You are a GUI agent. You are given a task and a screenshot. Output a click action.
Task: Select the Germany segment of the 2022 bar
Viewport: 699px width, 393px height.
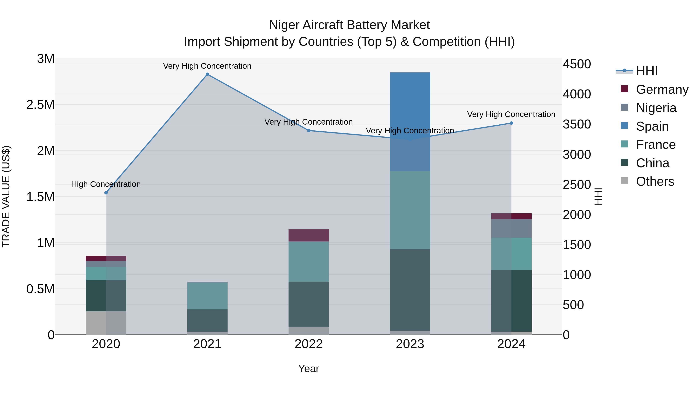(x=309, y=235)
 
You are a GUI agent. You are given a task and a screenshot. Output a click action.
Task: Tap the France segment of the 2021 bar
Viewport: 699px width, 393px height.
(x=207, y=296)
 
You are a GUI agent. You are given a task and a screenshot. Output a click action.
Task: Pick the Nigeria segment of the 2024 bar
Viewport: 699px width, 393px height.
(x=511, y=228)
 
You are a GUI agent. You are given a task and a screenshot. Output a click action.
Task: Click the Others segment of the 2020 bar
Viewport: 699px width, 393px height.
(x=106, y=323)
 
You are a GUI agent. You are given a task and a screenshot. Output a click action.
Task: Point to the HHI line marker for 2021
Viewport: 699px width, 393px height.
(x=207, y=74)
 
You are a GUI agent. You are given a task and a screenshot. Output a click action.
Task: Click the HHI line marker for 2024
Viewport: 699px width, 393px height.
(x=511, y=123)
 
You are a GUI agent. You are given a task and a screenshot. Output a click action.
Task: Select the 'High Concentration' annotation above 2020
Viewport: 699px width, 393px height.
(x=106, y=184)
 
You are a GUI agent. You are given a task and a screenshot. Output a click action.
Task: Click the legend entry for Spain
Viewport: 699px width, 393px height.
(x=652, y=126)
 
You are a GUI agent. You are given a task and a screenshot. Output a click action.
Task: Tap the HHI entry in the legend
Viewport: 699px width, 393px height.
(x=646, y=71)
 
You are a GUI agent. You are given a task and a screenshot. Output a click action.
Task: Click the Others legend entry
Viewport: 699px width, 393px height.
(x=655, y=181)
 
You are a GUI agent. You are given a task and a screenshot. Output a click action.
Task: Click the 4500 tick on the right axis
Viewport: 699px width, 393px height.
(x=577, y=64)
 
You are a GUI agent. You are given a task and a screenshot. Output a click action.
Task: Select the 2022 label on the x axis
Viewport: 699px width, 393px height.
(x=309, y=344)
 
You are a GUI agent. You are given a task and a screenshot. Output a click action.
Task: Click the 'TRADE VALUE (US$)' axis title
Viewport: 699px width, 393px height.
(x=6, y=196)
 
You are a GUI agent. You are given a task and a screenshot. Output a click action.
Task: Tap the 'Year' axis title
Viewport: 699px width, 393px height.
(x=309, y=369)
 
